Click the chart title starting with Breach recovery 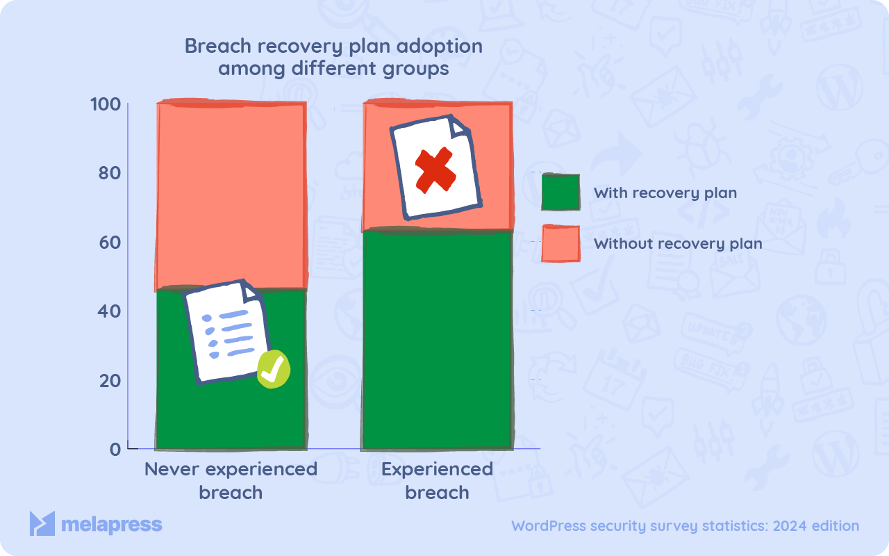(333, 58)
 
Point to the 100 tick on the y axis (106, 104)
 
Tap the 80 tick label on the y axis (110, 173)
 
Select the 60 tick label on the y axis (110, 243)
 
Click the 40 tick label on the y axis (110, 311)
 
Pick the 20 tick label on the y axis (110, 381)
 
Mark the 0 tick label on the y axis (115, 449)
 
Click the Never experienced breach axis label (231, 481)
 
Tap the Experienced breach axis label (437, 481)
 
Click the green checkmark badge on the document (273, 369)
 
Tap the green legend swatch (560, 192)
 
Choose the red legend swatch (560, 244)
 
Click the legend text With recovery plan (665, 193)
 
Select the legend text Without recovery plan (678, 244)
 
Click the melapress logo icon (42, 524)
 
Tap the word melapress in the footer (111, 525)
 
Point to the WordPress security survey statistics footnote (685, 526)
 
